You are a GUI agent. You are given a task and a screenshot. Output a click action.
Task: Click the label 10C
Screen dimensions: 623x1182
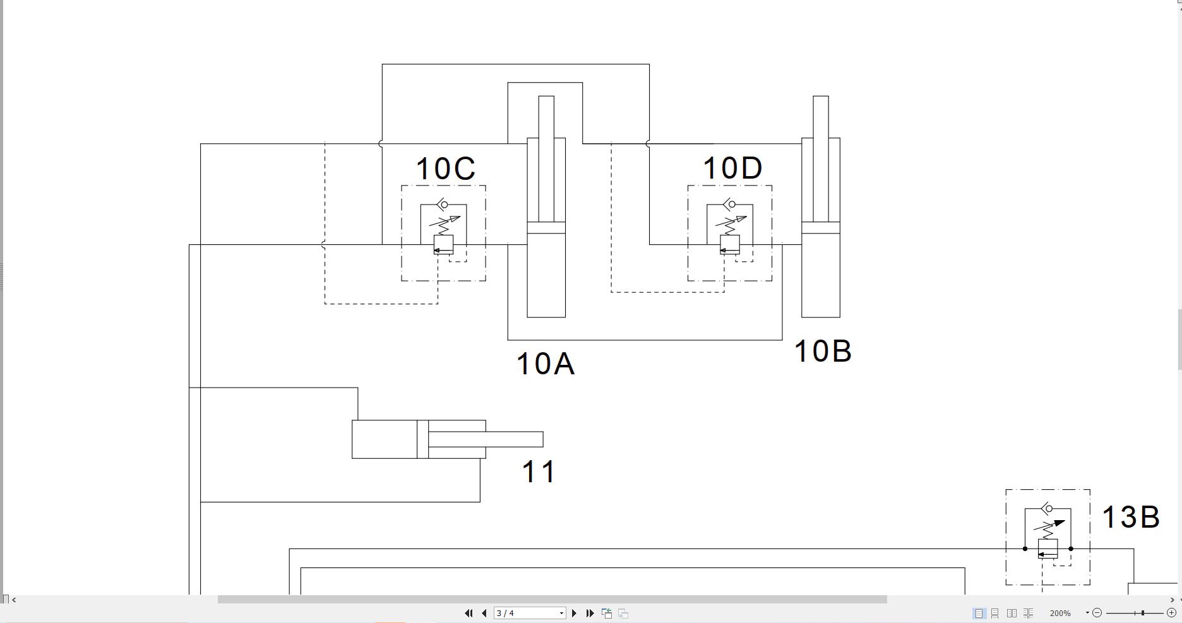[445, 169]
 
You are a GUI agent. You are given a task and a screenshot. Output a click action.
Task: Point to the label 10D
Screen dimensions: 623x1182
[732, 169]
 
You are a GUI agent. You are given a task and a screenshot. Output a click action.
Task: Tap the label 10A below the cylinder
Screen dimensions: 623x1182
[545, 364]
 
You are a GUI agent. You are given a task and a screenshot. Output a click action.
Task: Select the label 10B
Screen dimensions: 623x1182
[823, 352]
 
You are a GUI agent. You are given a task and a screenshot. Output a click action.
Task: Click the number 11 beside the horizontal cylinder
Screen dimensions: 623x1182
[539, 472]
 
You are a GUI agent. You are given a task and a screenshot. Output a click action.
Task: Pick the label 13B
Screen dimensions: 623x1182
[1130, 518]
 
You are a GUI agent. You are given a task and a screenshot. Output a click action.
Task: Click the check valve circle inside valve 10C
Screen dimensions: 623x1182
[444, 205]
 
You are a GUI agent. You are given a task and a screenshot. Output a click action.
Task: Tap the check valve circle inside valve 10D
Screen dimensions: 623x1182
[731, 205]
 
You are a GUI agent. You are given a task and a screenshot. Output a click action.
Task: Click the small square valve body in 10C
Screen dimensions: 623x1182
[443, 244]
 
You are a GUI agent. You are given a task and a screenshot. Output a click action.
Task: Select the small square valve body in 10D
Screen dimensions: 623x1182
[730, 244]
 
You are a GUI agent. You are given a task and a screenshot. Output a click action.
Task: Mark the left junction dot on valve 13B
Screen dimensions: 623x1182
[1025, 549]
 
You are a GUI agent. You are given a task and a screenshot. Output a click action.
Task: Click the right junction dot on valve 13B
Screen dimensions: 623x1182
[1071, 549]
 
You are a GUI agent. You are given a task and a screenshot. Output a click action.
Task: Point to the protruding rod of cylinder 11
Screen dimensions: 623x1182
[515, 439]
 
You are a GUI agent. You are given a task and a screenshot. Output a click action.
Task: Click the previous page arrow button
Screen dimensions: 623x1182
[484, 613]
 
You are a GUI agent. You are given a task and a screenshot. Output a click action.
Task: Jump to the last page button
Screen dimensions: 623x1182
[590, 613]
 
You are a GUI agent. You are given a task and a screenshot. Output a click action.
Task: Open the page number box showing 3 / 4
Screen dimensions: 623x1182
[529, 613]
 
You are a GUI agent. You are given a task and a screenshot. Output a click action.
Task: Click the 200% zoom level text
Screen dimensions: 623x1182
[1060, 613]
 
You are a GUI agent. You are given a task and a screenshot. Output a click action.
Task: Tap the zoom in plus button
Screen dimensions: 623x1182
[1171, 613]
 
